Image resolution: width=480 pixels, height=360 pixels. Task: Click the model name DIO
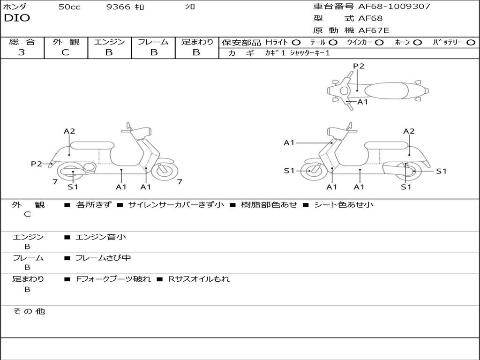pyautogui.click(x=17, y=18)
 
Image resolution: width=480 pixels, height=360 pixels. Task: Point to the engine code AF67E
pyautogui.click(x=374, y=31)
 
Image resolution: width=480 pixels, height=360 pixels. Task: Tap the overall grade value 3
pyautogui.click(x=22, y=52)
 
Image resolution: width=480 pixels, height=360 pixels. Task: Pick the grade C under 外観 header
pyautogui.click(x=66, y=52)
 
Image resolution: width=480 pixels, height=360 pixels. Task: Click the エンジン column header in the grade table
pyautogui.click(x=109, y=42)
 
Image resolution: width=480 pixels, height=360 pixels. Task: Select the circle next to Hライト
pyautogui.click(x=296, y=42)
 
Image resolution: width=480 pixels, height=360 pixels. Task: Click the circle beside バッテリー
pyautogui.click(x=471, y=42)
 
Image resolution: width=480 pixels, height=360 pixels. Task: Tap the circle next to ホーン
pyautogui.click(x=418, y=42)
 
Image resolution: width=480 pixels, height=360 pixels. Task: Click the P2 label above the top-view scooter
pyautogui.click(x=359, y=66)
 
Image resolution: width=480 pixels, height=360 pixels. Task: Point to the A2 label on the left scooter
pyautogui.click(x=69, y=131)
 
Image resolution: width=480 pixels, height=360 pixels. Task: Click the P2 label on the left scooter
pyautogui.click(x=37, y=164)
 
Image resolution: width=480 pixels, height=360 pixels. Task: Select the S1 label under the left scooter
pyautogui.click(x=73, y=187)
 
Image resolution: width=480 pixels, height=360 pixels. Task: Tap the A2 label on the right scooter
pyautogui.click(x=409, y=131)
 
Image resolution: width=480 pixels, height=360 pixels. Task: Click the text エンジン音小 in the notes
pyautogui.click(x=101, y=237)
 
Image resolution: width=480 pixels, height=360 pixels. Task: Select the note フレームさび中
pyautogui.click(x=103, y=258)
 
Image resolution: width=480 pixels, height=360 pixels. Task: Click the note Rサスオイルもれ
pyautogui.click(x=199, y=279)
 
